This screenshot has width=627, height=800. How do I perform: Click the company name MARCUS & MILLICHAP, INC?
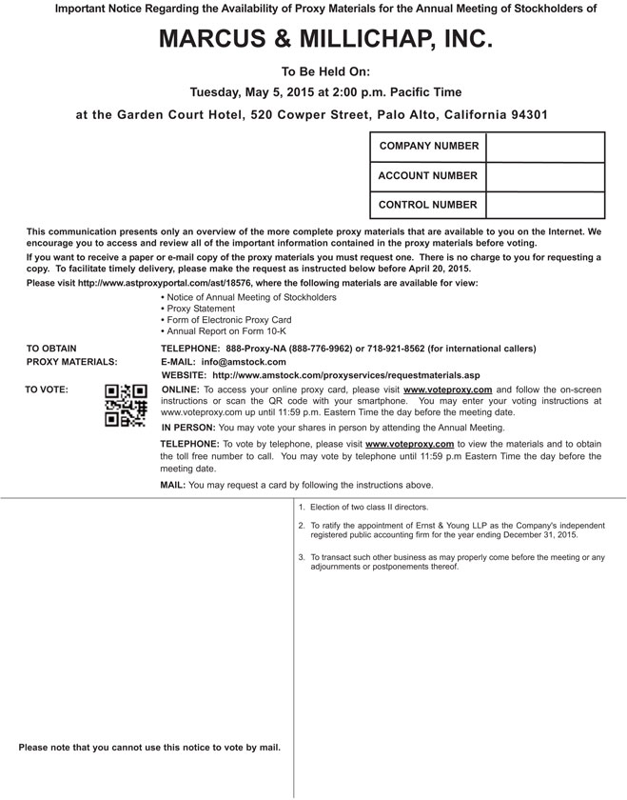click(x=313, y=39)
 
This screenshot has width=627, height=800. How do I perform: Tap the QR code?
click(x=126, y=406)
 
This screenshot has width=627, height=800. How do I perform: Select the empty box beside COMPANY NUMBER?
click(x=545, y=147)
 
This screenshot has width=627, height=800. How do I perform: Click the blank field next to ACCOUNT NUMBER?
click(x=545, y=176)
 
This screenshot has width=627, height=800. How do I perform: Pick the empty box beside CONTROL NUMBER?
click(x=545, y=205)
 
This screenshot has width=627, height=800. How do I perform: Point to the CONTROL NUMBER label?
click(x=427, y=205)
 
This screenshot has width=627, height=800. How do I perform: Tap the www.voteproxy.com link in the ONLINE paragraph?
click(x=447, y=390)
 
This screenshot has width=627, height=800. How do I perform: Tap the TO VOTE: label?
click(x=46, y=390)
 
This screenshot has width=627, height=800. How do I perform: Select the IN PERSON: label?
click(x=188, y=429)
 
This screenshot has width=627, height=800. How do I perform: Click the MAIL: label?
click(x=173, y=486)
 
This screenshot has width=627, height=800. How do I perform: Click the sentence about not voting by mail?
click(x=149, y=748)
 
